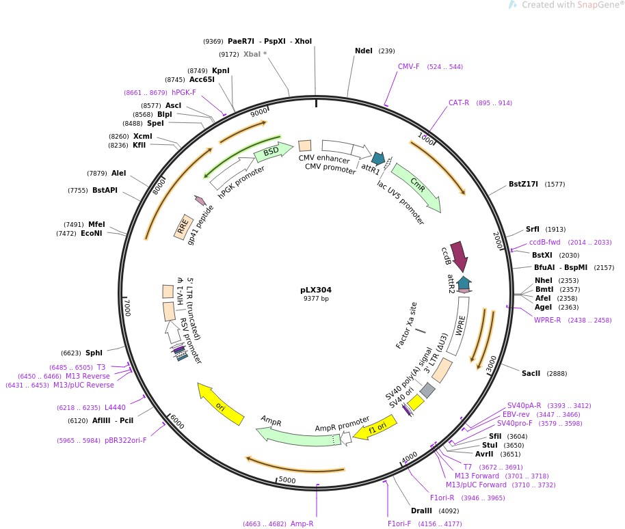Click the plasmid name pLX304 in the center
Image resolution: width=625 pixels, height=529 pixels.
(x=316, y=290)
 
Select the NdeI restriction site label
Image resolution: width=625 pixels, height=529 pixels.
(x=364, y=51)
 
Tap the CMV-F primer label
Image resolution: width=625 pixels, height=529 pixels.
(x=409, y=66)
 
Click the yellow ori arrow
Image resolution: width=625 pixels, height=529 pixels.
(x=219, y=403)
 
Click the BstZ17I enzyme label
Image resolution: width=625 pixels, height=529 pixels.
(x=523, y=184)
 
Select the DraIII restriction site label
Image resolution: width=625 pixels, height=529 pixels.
(x=421, y=511)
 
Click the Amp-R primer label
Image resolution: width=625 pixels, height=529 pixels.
(x=302, y=524)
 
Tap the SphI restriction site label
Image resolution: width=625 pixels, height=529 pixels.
(x=94, y=353)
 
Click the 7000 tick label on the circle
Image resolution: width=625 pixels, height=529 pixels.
(x=127, y=307)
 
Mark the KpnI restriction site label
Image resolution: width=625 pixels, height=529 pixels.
(x=221, y=70)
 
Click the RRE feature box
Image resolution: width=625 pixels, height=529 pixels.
(x=183, y=226)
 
